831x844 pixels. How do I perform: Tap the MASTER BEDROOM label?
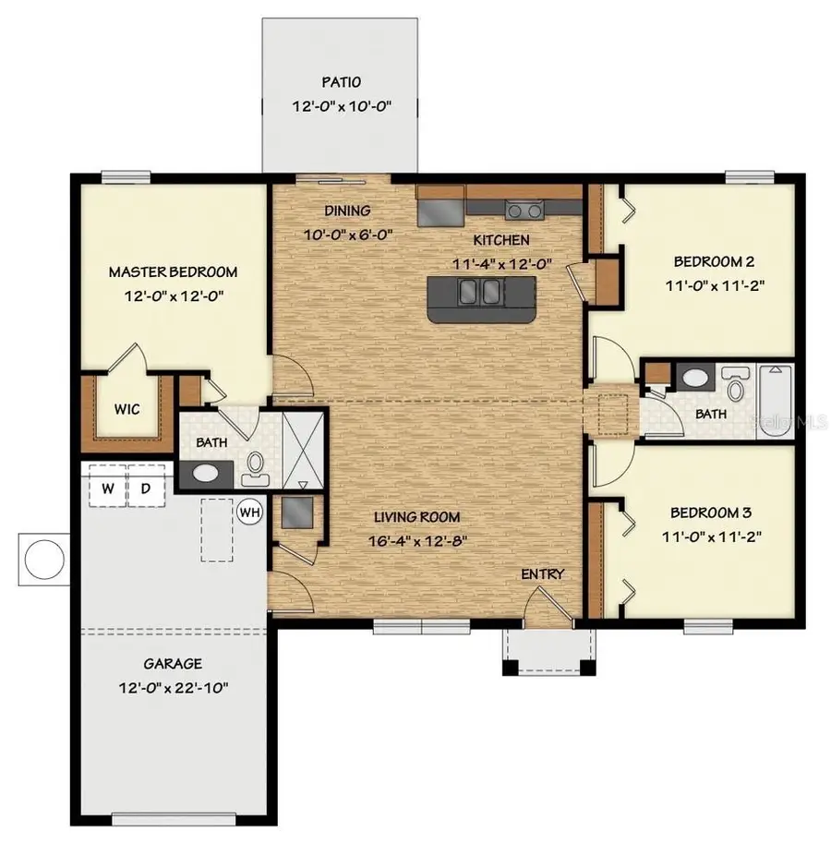click(x=173, y=271)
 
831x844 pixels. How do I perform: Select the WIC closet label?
click(x=127, y=409)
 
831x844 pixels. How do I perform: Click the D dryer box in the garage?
click(x=145, y=488)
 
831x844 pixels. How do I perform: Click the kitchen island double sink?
click(x=480, y=293)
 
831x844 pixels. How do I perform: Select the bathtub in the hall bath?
click(x=775, y=399)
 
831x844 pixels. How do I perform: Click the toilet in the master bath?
click(x=253, y=469)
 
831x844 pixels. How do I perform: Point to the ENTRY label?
click(x=542, y=574)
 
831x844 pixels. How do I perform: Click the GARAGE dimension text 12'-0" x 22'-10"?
click(x=173, y=687)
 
